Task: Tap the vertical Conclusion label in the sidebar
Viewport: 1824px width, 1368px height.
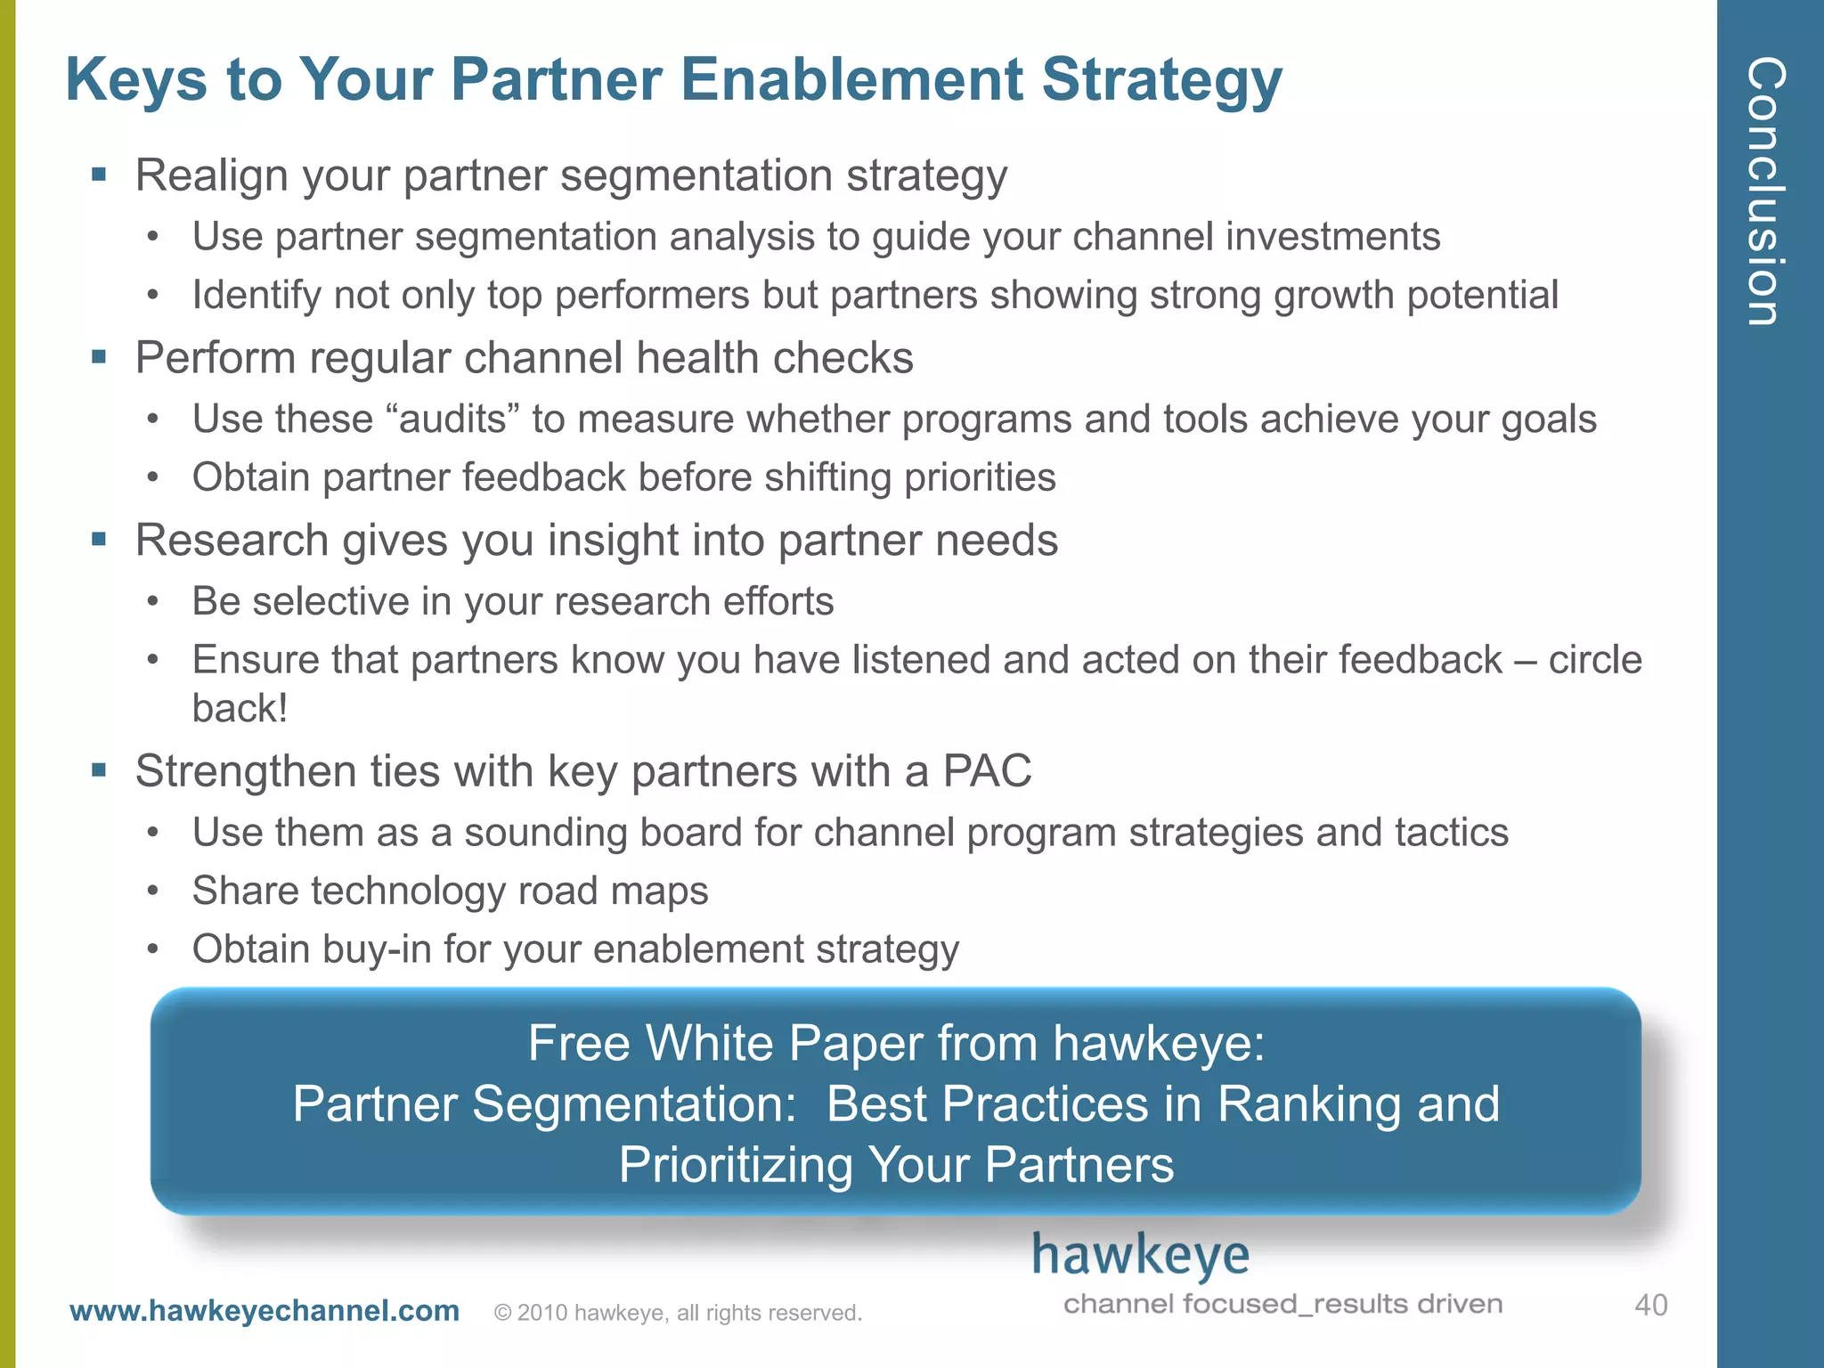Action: [x=1767, y=191]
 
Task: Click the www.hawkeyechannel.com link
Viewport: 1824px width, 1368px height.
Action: [x=265, y=1311]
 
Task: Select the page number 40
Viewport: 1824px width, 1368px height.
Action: [x=1650, y=1306]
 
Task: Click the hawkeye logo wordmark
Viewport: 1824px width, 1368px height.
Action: [x=1140, y=1256]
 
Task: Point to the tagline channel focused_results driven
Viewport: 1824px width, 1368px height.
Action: [x=1282, y=1304]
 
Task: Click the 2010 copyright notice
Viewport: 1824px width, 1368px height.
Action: [x=678, y=1313]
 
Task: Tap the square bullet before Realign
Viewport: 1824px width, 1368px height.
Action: [x=99, y=175]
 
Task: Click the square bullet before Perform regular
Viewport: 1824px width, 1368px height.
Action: [x=99, y=357]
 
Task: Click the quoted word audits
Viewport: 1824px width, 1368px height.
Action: [x=452, y=419]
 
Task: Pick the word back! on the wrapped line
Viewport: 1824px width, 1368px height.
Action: [x=240, y=709]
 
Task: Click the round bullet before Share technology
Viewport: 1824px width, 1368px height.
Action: [x=153, y=891]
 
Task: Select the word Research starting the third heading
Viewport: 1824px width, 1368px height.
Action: [x=232, y=541]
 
